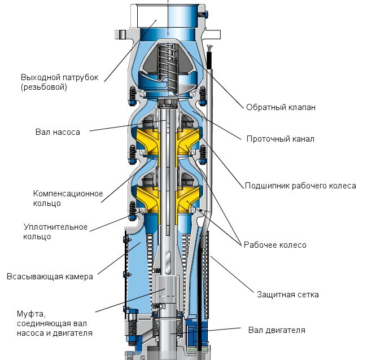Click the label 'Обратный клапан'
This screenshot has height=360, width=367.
[280, 107]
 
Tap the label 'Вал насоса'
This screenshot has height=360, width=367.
[57, 132]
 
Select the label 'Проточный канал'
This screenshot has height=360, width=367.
[280, 138]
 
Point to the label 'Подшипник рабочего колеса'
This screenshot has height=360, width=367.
[300, 185]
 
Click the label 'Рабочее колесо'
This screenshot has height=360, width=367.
[274, 245]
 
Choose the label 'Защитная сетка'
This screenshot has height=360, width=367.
[287, 295]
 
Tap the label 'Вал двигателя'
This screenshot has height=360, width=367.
[277, 330]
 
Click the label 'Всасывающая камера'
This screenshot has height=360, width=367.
[50, 276]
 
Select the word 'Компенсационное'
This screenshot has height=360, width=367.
[68, 194]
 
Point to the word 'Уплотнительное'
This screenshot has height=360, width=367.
[55, 227]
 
